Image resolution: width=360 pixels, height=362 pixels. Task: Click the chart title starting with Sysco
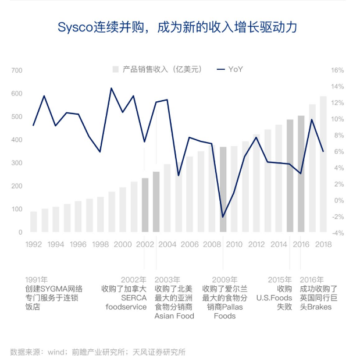180,27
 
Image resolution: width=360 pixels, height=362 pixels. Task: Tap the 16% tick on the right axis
338,70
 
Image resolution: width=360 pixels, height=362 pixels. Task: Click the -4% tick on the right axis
338,233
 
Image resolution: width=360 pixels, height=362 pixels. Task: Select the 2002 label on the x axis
145,244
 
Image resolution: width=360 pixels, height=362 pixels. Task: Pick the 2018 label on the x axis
323,244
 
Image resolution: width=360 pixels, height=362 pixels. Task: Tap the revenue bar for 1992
34,222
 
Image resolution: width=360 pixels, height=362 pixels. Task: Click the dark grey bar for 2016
301,175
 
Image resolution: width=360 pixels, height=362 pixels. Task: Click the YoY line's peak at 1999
111,88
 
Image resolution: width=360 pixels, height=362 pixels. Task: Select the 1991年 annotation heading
37,279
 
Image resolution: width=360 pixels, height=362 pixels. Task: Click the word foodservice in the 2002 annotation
126,307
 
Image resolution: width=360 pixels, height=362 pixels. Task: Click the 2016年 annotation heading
311,279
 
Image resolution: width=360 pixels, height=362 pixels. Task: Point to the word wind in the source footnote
56,352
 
